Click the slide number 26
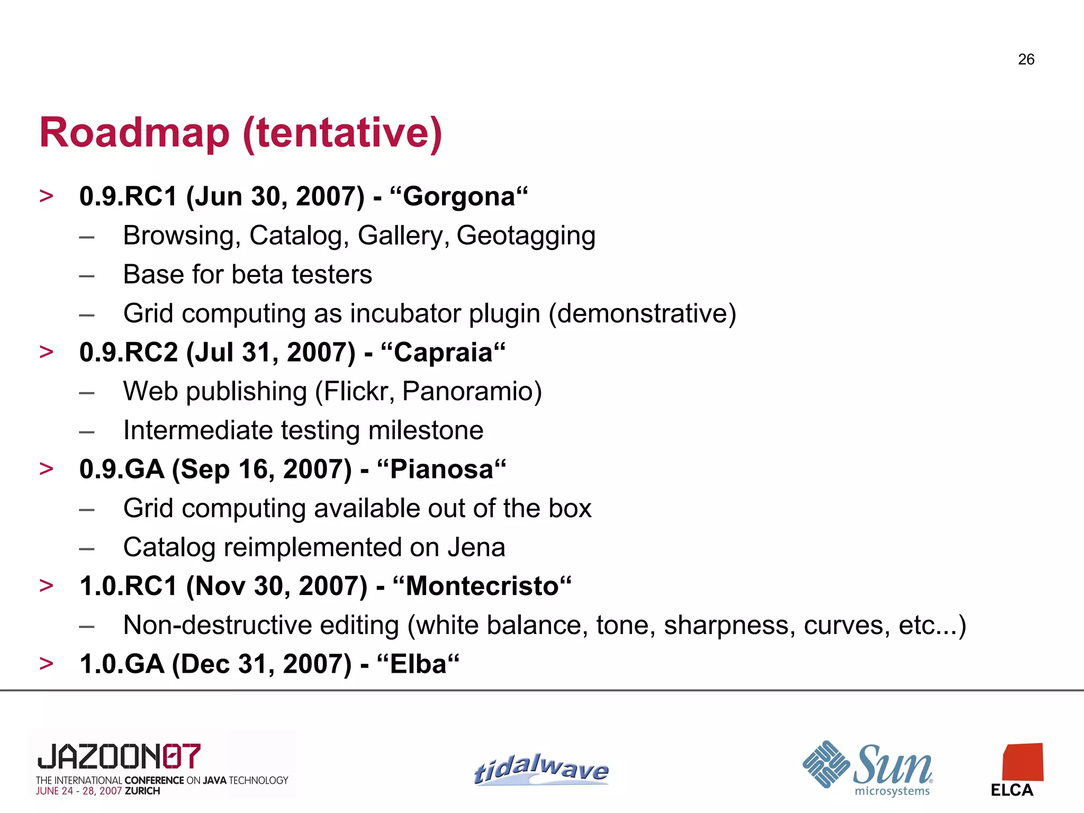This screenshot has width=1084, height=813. tap(1026, 59)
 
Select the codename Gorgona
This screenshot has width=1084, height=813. tap(459, 197)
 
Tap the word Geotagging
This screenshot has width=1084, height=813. tap(526, 236)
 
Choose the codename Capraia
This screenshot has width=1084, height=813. tap(443, 353)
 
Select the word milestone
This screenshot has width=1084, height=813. tap(426, 430)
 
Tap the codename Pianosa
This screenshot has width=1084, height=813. tap(441, 469)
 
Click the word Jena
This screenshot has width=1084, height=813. tap(476, 547)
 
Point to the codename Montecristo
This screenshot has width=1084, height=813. tap(482, 586)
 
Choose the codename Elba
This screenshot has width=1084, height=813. tap(418, 664)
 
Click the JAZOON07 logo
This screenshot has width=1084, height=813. tap(119, 756)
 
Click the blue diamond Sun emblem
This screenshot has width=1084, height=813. tap(826, 764)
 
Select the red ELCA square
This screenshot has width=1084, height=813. tap(1023, 762)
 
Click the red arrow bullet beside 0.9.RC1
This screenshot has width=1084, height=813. tap(47, 196)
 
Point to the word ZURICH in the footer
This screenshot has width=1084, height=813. tap(142, 791)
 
